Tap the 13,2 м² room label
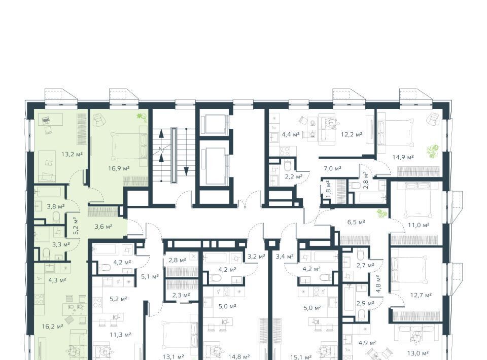(x=72, y=154)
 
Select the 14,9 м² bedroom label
(x=403, y=157)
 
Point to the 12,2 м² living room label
(x=352, y=135)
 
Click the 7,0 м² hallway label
(x=332, y=168)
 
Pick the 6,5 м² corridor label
(x=356, y=222)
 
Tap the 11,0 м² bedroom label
(x=419, y=225)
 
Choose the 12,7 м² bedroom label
(x=421, y=295)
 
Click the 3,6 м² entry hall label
(x=103, y=227)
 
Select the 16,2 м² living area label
(x=52, y=327)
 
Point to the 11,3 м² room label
(x=120, y=335)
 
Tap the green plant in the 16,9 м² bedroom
(x=142, y=117)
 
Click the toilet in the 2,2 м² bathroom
(x=287, y=166)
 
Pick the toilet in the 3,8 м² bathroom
(x=56, y=217)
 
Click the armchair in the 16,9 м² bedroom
(x=98, y=120)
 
